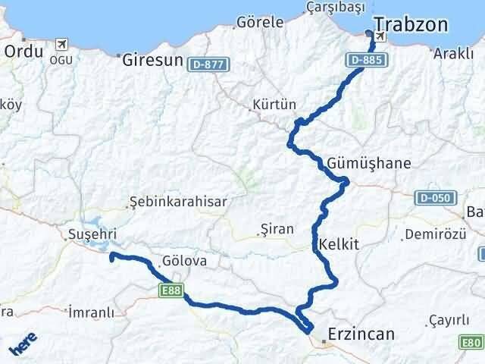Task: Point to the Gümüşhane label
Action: [371, 163]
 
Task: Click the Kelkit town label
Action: [339, 244]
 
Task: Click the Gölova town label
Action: [184, 262]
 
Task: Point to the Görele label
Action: [260, 21]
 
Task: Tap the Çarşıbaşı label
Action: [331, 8]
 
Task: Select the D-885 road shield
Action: [365, 58]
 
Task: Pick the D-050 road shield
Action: [432, 198]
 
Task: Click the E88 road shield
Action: [171, 289]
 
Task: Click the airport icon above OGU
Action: [61, 45]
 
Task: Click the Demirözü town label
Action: [433, 234]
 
